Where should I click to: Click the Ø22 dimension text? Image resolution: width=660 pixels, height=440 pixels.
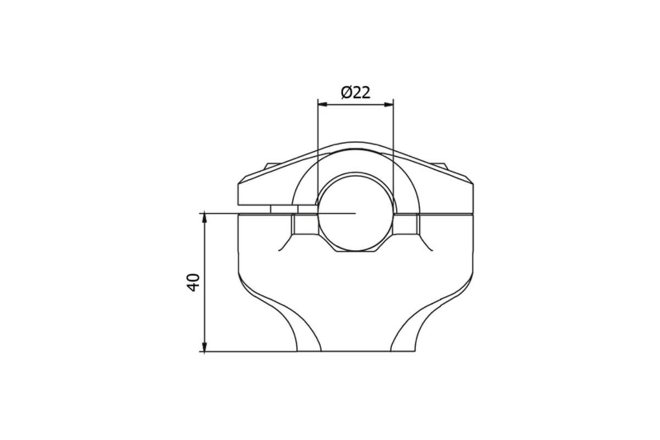[x=355, y=92]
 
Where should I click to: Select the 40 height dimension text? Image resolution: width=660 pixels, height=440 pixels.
[x=193, y=282]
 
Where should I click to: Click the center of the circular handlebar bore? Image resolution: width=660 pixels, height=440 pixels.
[x=356, y=212]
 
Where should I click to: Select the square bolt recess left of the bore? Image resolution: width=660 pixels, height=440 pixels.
[x=304, y=224]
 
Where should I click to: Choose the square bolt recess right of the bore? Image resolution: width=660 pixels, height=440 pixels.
[x=406, y=224]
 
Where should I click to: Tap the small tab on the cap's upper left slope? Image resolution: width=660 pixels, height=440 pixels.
[x=269, y=164]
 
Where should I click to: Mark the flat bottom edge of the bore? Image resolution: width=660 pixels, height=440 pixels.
[x=356, y=251]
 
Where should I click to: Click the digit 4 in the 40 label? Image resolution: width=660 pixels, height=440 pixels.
[x=193, y=287]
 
